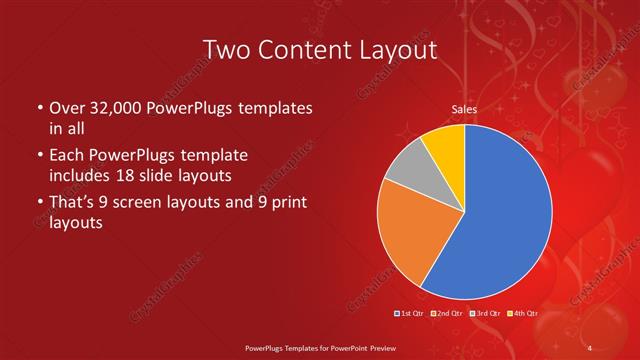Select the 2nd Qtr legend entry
[x=446, y=313]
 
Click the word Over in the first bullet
[x=66, y=108]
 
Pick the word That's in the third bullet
[x=72, y=203]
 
